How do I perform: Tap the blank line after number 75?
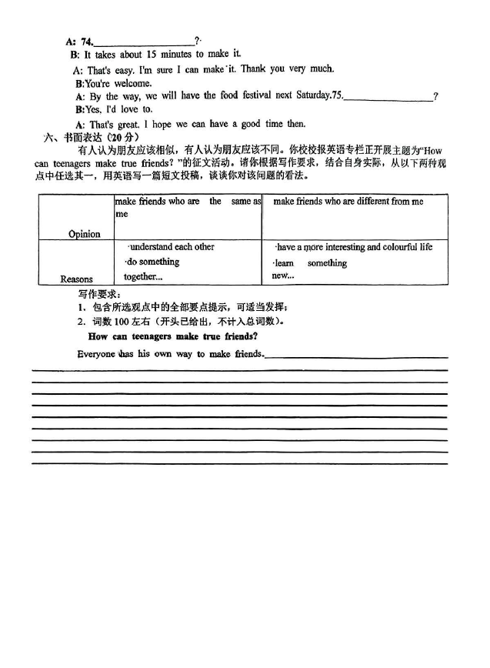click(x=388, y=98)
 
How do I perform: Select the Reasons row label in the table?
click(x=76, y=279)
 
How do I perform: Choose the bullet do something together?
click(x=152, y=269)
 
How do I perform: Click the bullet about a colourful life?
click(x=354, y=247)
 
